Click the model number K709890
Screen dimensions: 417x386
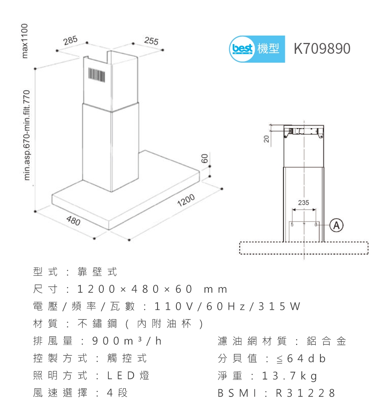[x=322, y=49]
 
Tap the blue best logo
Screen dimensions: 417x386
[x=242, y=49]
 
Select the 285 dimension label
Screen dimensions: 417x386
[x=71, y=41]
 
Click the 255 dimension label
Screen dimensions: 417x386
[x=151, y=41]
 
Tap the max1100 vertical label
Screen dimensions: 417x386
[x=25, y=41]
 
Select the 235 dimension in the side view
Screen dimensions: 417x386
[x=303, y=202]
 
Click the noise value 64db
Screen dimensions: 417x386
[x=301, y=359]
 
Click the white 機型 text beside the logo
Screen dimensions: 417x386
[x=268, y=49]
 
